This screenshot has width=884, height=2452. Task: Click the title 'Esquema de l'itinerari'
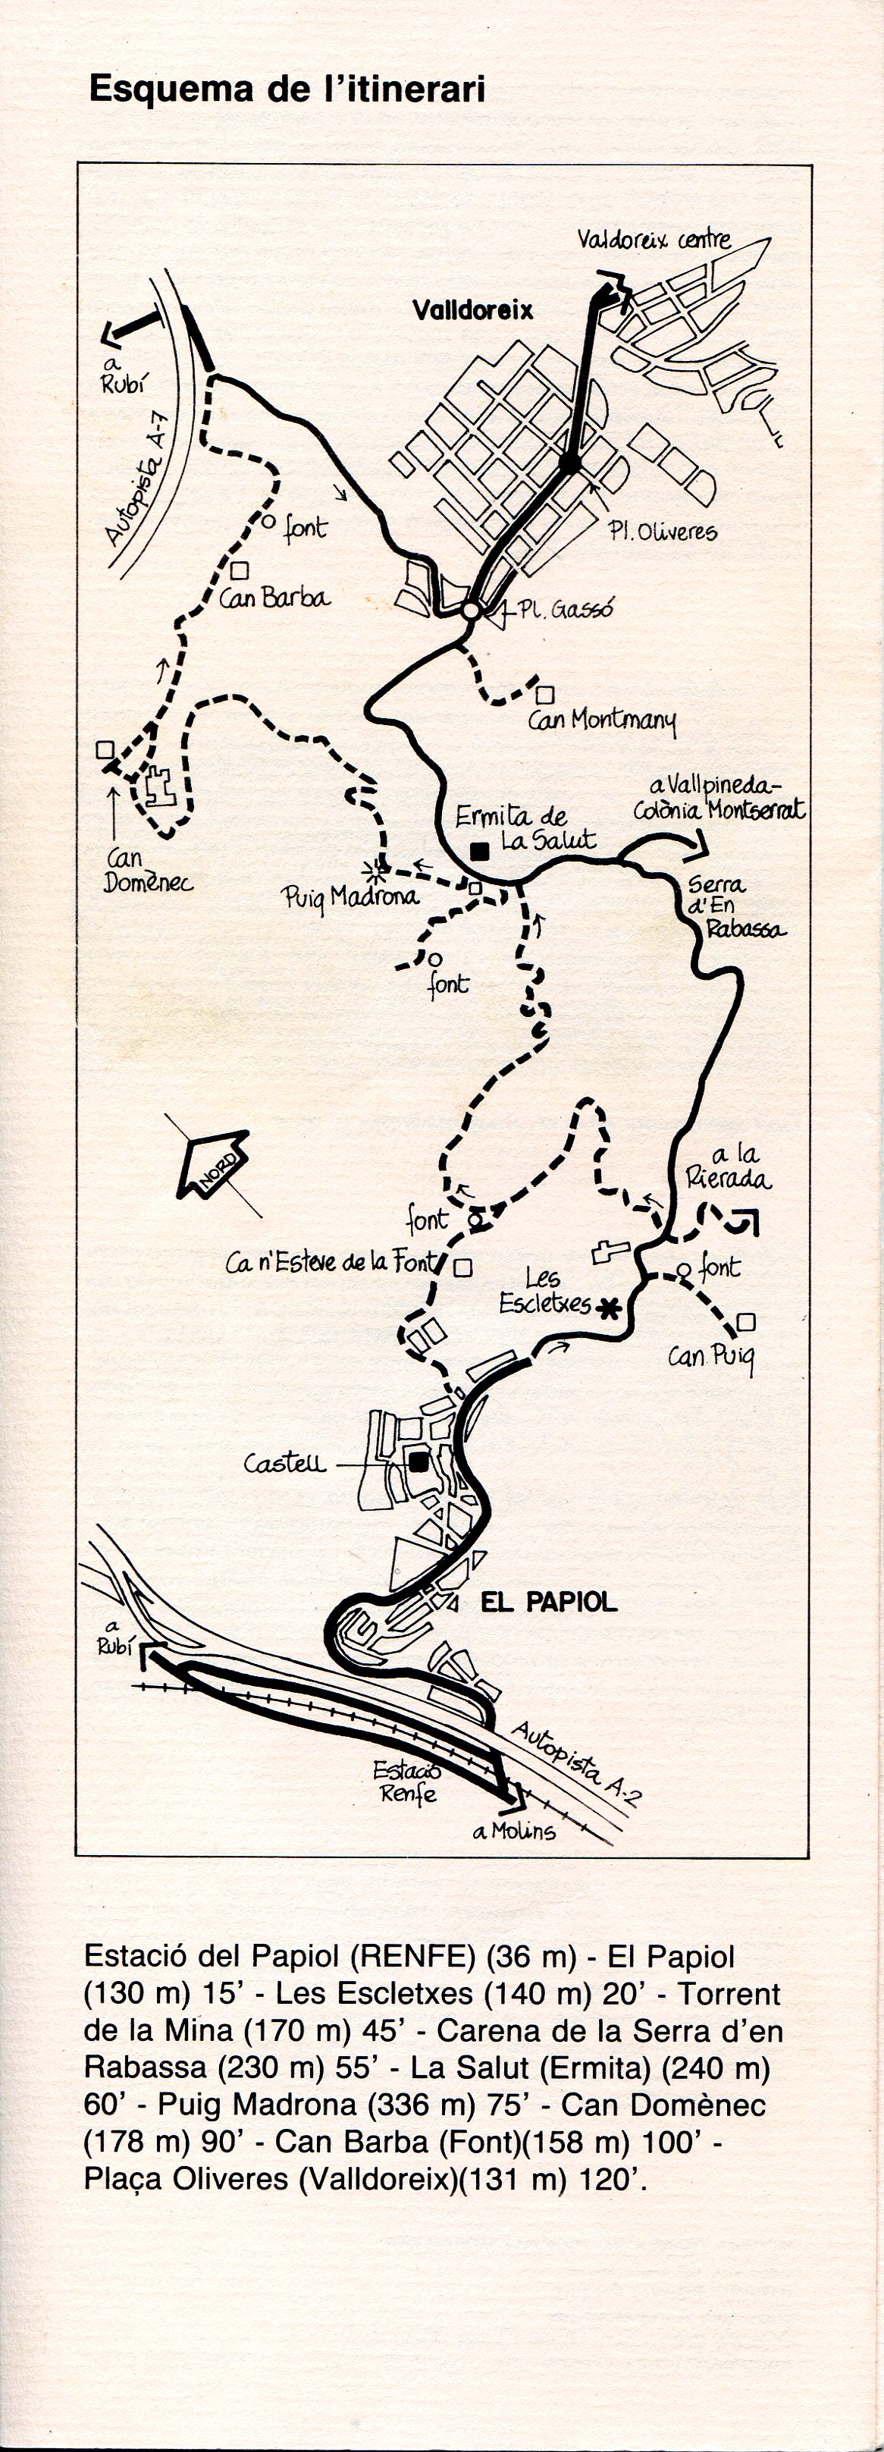(287, 89)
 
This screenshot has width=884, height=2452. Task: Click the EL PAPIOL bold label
(548, 1602)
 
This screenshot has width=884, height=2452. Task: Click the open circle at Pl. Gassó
(470, 610)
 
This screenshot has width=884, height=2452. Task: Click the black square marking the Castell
(418, 1462)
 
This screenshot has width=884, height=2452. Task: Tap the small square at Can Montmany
(545, 694)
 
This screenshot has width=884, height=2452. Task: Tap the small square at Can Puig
(746, 1321)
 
